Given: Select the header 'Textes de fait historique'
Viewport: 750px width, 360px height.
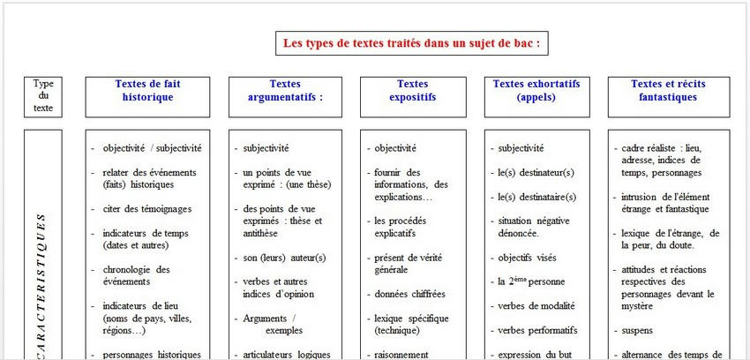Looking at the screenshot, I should [x=147, y=91].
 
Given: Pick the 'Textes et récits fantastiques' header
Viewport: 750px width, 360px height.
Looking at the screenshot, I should [x=668, y=91].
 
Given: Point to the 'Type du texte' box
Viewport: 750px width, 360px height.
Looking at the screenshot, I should [x=43, y=96].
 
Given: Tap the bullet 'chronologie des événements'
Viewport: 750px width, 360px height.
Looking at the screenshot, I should [x=137, y=275].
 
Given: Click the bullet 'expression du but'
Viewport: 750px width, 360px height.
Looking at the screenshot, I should [x=536, y=354].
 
